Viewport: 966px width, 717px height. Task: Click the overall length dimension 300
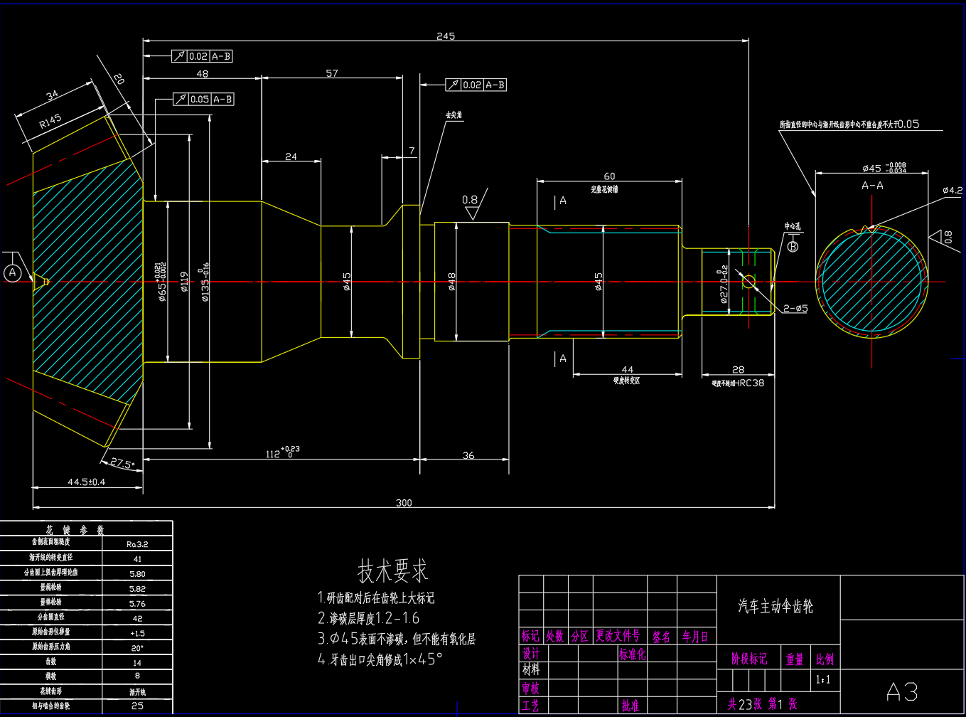(404, 503)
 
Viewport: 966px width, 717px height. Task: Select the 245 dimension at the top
(446, 36)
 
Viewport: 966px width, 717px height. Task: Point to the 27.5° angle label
(122, 464)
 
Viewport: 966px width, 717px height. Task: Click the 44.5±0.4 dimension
(86, 482)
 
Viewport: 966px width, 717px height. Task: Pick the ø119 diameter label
(183, 284)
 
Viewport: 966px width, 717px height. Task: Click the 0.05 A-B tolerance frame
(203, 100)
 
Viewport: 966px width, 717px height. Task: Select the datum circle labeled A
(12, 272)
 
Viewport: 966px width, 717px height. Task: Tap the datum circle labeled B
(793, 246)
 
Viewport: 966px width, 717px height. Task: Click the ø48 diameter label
(452, 282)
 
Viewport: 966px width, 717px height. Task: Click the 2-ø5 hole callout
(795, 308)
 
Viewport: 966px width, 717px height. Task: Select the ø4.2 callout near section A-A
(952, 190)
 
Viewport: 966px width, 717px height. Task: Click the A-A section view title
(872, 186)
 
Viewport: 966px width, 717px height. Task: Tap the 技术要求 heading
(392, 570)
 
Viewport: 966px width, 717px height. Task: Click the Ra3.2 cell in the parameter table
(137, 544)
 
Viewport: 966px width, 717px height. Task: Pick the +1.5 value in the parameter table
(137, 633)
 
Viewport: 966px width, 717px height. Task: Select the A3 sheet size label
(902, 691)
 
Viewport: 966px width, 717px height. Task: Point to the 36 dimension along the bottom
(468, 455)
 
